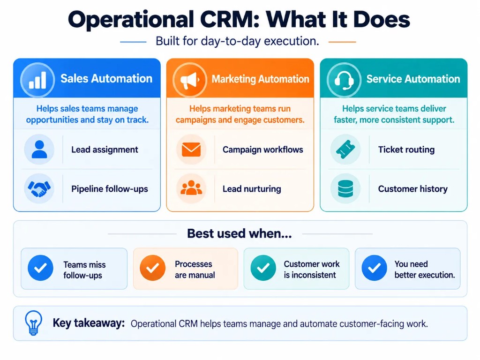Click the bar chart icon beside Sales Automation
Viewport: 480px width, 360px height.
click(x=37, y=80)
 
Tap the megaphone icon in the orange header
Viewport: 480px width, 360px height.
click(x=190, y=81)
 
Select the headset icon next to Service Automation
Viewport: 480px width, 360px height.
click(x=344, y=80)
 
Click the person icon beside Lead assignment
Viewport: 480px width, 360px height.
click(x=39, y=150)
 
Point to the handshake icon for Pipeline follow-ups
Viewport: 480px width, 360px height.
click(x=39, y=188)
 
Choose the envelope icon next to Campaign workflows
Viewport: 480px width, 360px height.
click(x=191, y=150)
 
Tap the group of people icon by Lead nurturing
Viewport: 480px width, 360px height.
click(x=191, y=188)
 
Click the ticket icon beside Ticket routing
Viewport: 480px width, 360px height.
click(x=345, y=150)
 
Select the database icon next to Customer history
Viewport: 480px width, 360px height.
click(x=345, y=188)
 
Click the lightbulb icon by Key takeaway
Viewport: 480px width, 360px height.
click(x=33, y=323)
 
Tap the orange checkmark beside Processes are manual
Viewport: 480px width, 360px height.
click(x=152, y=268)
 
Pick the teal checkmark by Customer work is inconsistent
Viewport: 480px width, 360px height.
click(x=263, y=268)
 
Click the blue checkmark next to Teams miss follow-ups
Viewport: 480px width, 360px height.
click(x=40, y=268)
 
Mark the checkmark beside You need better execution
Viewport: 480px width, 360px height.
click(x=375, y=268)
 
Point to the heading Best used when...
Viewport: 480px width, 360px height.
click(x=240, y=233)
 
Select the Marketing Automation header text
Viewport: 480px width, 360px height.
click(x=261, y=79)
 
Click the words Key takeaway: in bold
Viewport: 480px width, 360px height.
click(x=89, y=323)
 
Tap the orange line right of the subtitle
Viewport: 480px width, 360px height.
click(x=342, y=42)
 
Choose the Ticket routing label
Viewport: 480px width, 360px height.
click(x=406, y=150)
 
